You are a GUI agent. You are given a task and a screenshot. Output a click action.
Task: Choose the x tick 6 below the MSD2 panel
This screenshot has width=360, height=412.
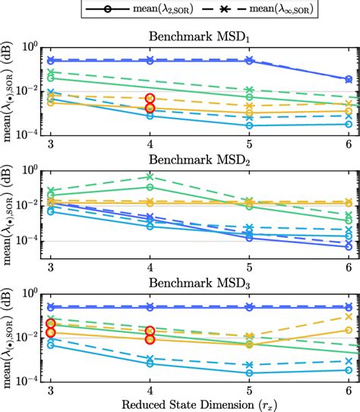[349, 266]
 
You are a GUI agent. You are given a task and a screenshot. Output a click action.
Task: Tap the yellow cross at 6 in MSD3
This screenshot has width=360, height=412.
[349, 317]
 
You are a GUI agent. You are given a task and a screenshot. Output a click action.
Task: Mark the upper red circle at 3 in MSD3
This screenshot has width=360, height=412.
[51, 324]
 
